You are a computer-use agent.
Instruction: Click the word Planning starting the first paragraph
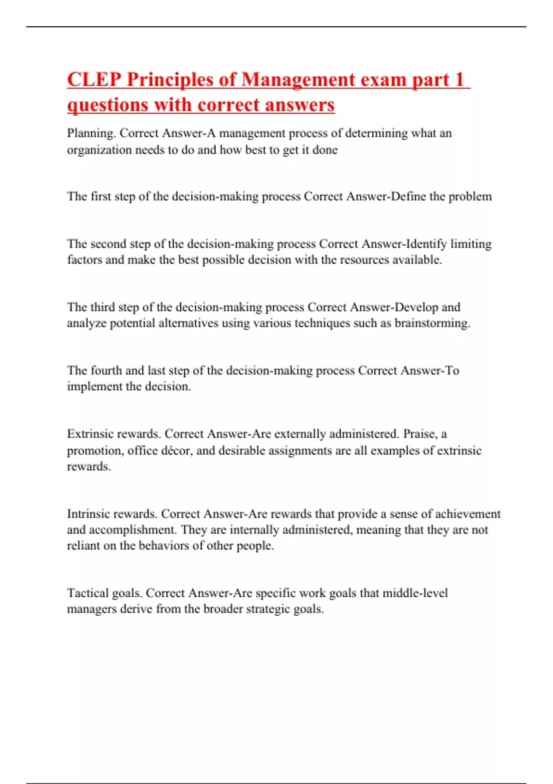[x=91, y=133]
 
